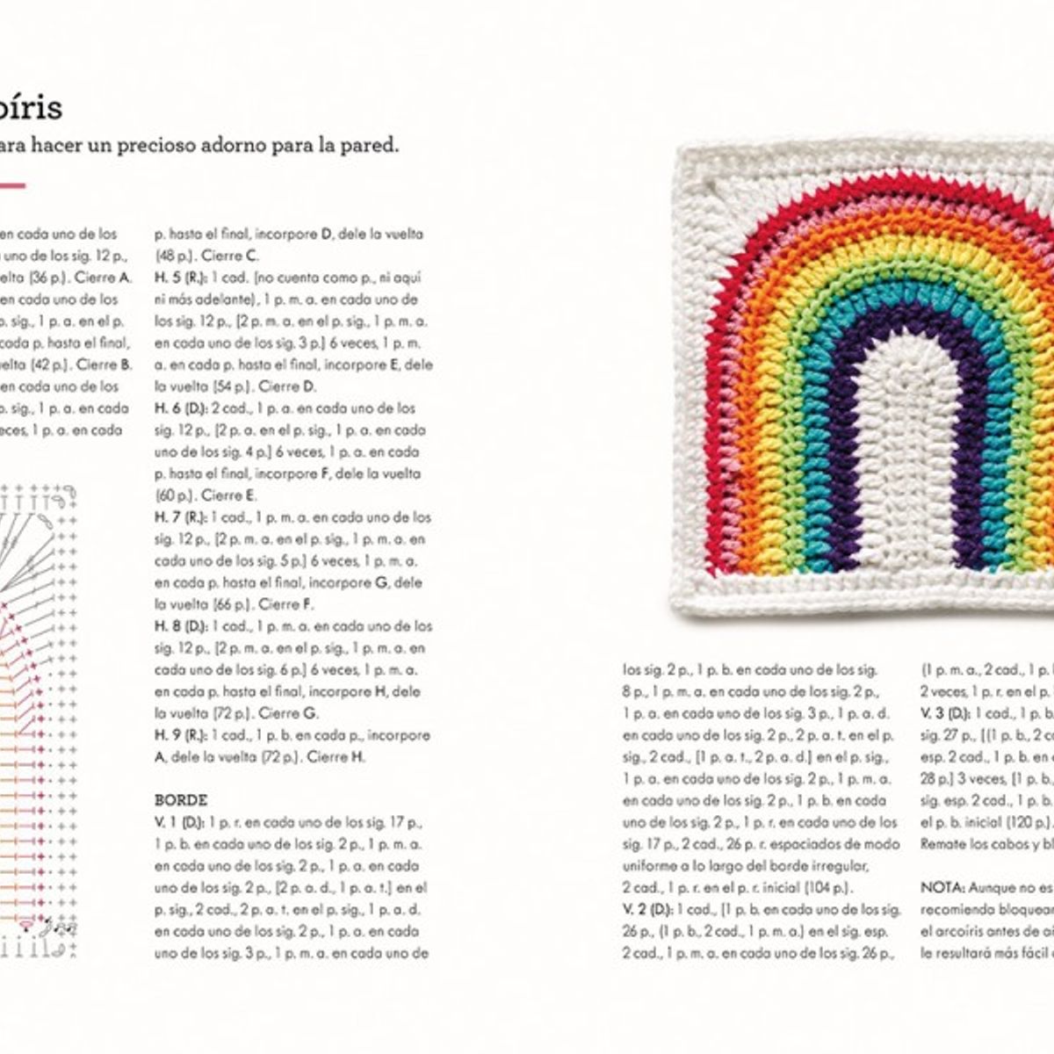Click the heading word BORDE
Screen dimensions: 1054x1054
tap(181, 800)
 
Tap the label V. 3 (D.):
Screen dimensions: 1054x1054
tap(945, 713)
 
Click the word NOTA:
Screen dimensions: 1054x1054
tap(942, 887)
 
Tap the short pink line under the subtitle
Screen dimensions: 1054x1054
tap(12, 185)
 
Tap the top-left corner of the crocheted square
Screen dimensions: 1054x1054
tap(694, 158)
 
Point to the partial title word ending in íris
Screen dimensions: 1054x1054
tap(31, 108)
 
